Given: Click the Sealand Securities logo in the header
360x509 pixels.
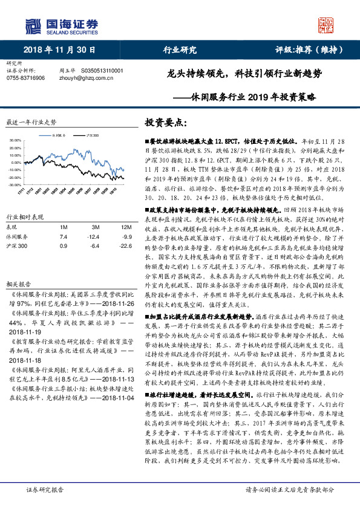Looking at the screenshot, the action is [x=61, y=25].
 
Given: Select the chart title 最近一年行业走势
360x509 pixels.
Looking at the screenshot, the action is [x=31, y=122].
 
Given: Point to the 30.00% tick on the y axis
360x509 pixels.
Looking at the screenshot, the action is [x=16, y=140].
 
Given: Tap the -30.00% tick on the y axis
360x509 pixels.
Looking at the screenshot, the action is [x=15, y=184].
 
